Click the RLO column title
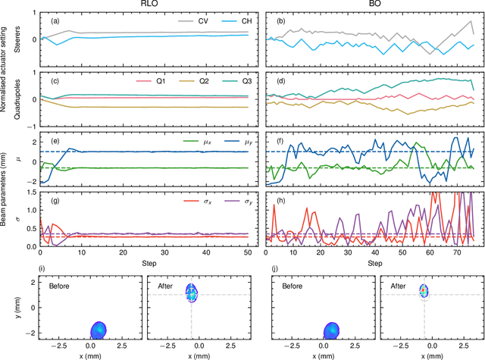pyautogui.click(x=143, y=5)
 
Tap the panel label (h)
pyautogui.click(x=280, y=200)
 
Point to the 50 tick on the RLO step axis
pyautogui.click(x=248, y=252)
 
